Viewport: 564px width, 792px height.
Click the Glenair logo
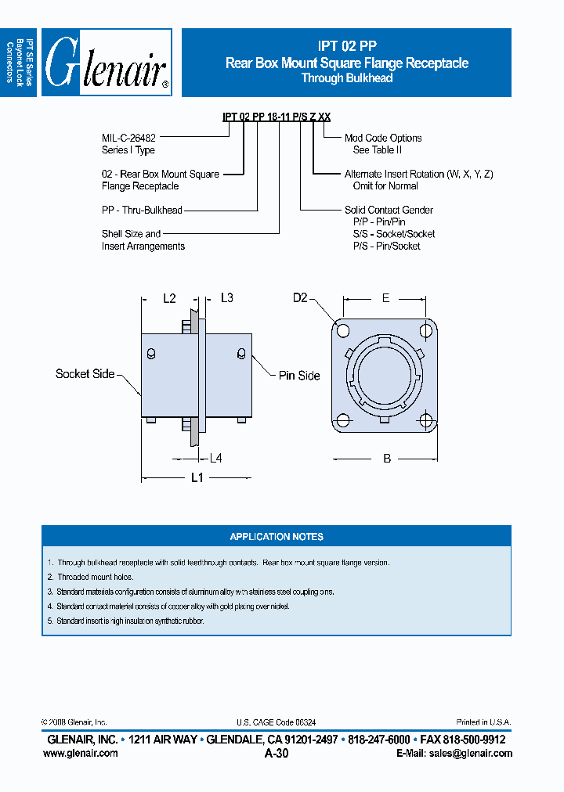(x=107, y=63)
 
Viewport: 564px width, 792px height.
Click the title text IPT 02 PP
(x=346, y=46)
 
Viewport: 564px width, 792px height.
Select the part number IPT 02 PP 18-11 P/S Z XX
(x=277, y=117)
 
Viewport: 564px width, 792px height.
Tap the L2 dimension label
(x=170, y=298)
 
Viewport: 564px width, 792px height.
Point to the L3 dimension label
(x=226, y=298)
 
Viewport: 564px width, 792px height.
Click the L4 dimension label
(x=215, y=458)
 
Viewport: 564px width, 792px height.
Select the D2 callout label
(x=301, y=298)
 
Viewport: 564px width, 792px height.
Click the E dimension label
(x=385, y=298)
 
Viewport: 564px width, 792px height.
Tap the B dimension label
(x=387, y=459)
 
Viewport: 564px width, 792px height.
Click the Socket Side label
(x=85, y=374)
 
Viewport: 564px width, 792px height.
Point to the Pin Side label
(x=299, y=376)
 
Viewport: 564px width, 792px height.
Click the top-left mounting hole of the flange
(x=343, y=329)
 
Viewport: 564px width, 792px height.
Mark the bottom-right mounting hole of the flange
(x=425, y=421)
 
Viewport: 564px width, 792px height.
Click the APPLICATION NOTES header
(x=277, y=537)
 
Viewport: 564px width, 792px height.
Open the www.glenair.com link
(x=80, y=753)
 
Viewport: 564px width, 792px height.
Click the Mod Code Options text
(x=383, y=138)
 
